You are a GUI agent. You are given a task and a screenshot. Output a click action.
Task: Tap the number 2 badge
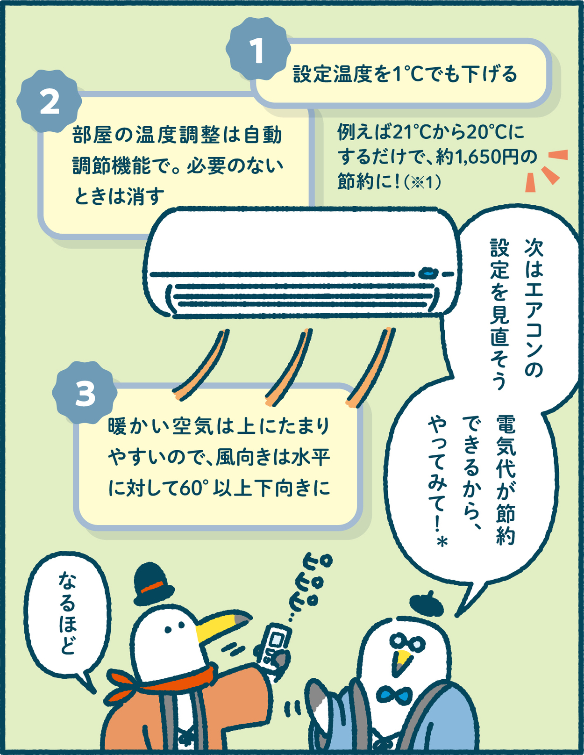click(50, 101)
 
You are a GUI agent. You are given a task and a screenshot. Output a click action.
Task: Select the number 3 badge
click(85, 392)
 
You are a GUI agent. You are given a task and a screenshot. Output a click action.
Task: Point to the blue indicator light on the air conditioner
click(428, 273)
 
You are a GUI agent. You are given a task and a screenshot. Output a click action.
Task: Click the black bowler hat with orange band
click(153, 585)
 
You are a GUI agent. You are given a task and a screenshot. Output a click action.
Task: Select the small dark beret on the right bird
click(426, 604)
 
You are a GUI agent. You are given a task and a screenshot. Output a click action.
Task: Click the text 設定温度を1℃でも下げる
click(405, 74)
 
